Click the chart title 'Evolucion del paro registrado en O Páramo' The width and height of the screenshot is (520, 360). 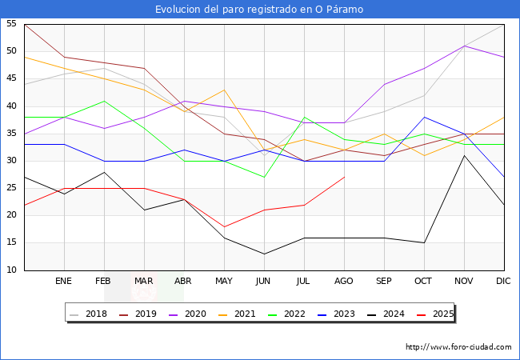click(259, 10)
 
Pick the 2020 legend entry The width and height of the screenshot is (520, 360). click(192, 314)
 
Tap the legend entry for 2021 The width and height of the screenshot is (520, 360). click(242, 314)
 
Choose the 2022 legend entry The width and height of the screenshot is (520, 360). click(291, 314)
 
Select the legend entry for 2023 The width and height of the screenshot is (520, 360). click(341, 314)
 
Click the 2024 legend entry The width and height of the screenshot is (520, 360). click(390, 314)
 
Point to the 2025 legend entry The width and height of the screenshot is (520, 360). click(440, 314)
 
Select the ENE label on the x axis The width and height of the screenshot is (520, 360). click(64, 282)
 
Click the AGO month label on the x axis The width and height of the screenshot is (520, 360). click(344, 282)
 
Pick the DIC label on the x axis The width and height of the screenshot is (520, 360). click(503, 282)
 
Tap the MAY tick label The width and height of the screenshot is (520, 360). click(224, 282)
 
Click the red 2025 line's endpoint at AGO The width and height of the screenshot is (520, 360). click(344, 177)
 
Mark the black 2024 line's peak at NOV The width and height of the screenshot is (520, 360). click(464, 155)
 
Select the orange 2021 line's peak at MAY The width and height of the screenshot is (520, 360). click(224, 90)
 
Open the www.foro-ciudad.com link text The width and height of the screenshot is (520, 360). click(459, 347)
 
